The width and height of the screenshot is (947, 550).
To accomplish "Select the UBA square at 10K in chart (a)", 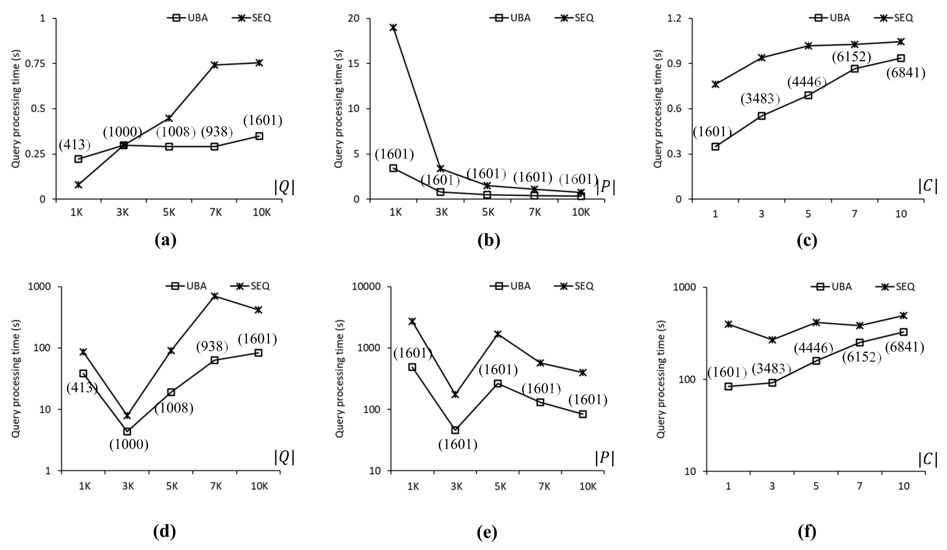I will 259,136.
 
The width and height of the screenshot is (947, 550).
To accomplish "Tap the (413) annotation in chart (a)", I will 75,144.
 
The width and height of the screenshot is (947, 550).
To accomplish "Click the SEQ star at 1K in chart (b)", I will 393,27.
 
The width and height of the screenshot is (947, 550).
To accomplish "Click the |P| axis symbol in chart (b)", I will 605,188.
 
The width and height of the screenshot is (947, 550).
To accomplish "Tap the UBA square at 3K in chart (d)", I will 128,431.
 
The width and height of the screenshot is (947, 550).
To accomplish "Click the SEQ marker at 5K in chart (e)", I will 498,334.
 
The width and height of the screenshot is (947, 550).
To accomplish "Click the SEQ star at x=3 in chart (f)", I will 772,340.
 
